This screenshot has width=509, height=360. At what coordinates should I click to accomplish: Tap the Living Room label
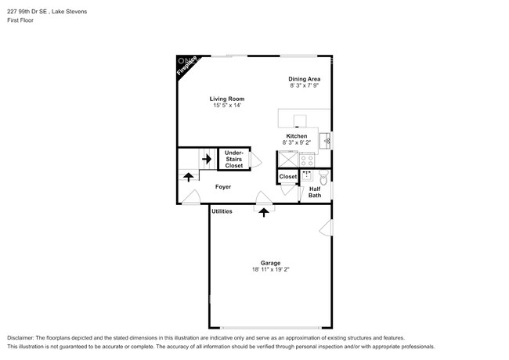227,99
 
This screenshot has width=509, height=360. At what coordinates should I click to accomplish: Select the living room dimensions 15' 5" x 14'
227,106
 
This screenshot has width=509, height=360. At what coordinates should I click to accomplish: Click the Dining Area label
304,79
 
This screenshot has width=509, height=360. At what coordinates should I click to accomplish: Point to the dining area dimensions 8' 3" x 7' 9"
304,86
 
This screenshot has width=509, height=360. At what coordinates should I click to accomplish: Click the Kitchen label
296,136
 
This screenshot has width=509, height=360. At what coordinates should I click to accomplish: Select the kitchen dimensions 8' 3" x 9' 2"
296,143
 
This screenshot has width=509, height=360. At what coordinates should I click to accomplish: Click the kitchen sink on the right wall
327,140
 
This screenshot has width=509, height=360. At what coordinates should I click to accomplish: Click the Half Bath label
314,192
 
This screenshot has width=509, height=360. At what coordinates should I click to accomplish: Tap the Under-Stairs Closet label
233,159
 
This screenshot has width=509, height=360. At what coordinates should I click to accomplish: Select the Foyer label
223,187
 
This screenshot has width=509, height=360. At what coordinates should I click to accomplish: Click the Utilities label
222,211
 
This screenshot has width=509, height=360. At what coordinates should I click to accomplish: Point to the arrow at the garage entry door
264,211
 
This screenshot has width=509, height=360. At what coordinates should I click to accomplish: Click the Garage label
270,263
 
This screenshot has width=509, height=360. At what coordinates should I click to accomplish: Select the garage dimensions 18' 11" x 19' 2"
270,270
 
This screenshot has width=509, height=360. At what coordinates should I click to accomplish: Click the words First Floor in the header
21,21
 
